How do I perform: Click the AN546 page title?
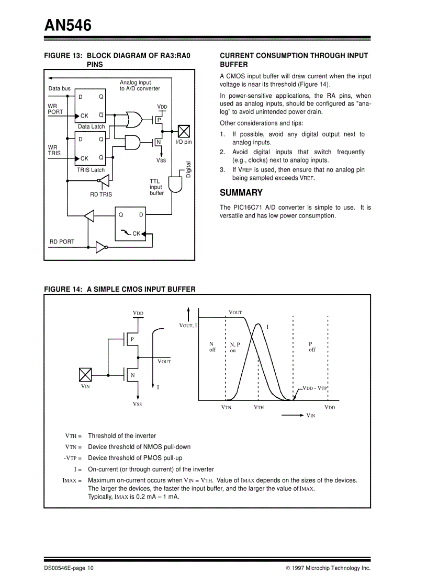click(x=68, y=25)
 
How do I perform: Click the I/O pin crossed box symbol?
click(x=184, y=131)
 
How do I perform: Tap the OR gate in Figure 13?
click(x=133, y=119)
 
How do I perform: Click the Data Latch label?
click(x=91, y=126)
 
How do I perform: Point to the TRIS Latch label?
click(x=91, y=170)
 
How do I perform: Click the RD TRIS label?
click(x=101, y=194)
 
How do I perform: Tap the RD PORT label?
click(x=62, y=241)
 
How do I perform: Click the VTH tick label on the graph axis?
click(x=259, y=407)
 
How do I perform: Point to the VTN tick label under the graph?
click(x=226, y=407)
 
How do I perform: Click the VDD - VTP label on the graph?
click(x=314, y=388)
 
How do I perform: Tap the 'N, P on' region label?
click(x=234, y=348)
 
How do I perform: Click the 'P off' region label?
click(x=312, y=347)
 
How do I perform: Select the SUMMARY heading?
click(x=241, y=193)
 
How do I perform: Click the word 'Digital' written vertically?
click(x=189, y=169)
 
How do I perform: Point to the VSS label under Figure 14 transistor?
click(x=137, y=404)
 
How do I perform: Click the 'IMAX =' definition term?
click(x=72, y=480)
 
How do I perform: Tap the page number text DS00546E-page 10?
click(x=69, y=568)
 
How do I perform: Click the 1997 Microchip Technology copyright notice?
click(x=328, y=568)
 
